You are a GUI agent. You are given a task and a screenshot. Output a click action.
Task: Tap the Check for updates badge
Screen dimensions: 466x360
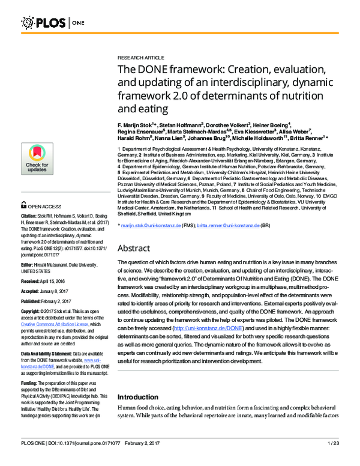point(37,159)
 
